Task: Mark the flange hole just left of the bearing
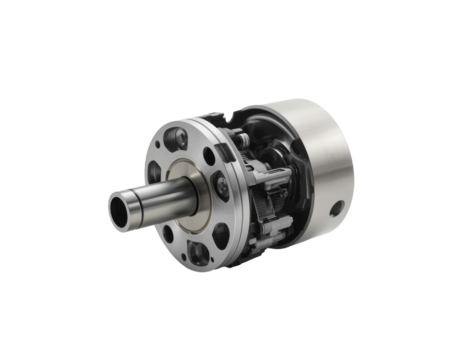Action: [163, 166]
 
